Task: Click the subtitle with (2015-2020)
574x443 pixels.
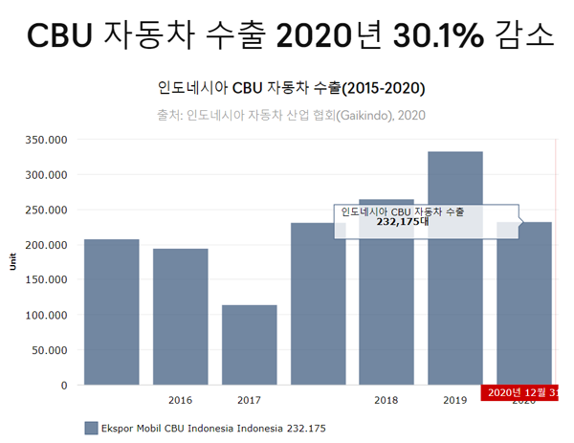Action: coord(291,88)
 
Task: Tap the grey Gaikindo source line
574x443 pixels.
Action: coord(291,115)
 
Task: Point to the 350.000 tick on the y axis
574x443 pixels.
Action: coord(48,140)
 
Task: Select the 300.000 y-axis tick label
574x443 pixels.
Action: coord(48,175)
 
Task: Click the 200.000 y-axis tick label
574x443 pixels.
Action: coord(48,245)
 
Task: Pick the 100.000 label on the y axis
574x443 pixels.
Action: coord(48,315)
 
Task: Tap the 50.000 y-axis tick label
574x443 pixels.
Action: coord(51,350)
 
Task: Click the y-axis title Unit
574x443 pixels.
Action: coord(12,262)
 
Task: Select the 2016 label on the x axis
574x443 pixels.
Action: coord(181,400)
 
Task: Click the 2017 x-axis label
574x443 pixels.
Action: coord(249,400)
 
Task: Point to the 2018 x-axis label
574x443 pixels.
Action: coord(386,400)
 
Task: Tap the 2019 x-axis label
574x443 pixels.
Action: coord(455,400)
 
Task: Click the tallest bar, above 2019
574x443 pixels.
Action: coord(455,268)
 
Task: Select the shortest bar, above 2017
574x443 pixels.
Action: coord(249,344)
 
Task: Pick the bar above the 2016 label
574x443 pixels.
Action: coord(181,316)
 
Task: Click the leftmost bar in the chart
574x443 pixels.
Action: coord(112,311)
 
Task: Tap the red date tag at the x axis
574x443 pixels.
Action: coord(522,392)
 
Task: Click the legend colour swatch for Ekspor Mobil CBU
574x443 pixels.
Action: coord(91,428)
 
